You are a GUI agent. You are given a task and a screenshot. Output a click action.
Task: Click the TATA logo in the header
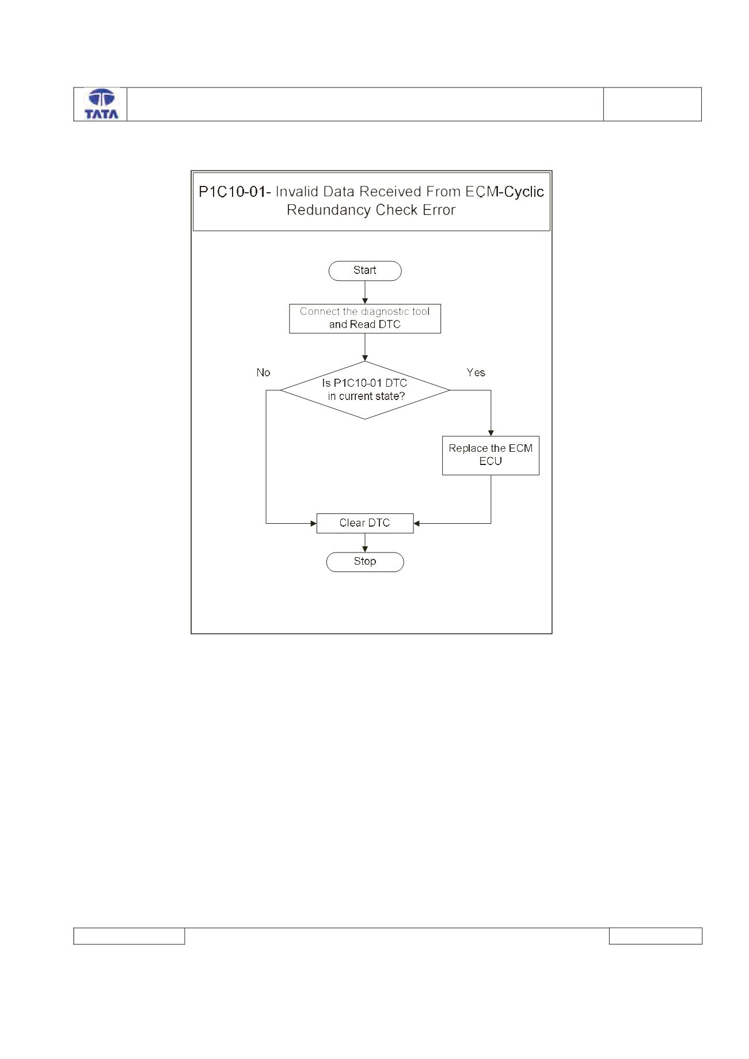[101, 104]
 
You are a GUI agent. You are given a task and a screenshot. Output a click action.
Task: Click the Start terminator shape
[365, 271]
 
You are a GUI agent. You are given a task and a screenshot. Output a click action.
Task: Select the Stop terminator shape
[365, 562]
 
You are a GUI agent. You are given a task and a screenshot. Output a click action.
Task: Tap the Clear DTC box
[365, 523]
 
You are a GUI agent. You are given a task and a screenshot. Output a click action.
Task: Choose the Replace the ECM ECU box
[491, 455]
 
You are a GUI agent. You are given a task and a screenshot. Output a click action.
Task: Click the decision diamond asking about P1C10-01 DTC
[365, 390]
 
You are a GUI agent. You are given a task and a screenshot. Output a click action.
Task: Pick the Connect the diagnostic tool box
[365, 319]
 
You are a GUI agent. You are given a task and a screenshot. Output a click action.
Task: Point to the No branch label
[263, 373]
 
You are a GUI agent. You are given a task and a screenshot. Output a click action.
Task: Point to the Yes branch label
[476, 372]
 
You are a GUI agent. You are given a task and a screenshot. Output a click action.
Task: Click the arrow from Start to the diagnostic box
[365, 292]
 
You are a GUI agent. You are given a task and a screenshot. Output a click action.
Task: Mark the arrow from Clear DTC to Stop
[365, 542]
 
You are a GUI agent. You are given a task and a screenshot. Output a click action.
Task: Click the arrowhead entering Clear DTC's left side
[313, 523]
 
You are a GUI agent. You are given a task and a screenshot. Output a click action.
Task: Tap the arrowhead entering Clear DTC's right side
[417, 523]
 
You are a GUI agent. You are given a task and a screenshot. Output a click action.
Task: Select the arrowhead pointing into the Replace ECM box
[491, 433]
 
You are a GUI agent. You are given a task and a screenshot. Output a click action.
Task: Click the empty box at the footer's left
[129, 936]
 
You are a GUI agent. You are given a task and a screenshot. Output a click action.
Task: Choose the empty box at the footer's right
[656, 936]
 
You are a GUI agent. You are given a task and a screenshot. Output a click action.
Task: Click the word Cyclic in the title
[524, 192]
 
